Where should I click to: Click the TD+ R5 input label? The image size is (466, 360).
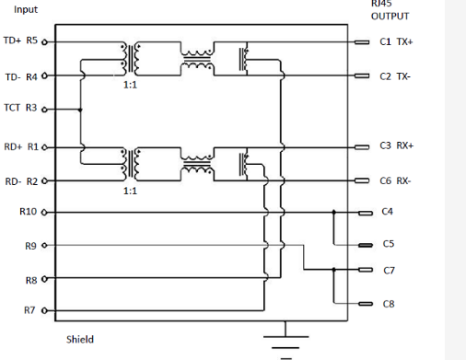point(20,41)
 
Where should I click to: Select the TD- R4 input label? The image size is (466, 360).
point(21,76)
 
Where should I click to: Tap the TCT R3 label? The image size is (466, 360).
point(20,108)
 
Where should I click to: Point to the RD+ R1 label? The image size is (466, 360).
point(20,146)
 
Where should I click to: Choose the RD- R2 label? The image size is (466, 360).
point(21,181)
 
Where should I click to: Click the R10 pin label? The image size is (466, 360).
point(28,212)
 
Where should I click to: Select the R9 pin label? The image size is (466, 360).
point(30,246)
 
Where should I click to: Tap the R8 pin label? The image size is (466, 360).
point(30,279)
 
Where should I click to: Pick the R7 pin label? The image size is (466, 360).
point(30,310)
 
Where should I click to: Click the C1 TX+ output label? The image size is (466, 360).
point(396,42)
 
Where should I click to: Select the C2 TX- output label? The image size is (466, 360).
point(395,76)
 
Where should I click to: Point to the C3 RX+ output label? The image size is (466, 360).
point(396,145)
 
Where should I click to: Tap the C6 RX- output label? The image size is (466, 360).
point(396,180)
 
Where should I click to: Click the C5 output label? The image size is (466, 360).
point(388,244)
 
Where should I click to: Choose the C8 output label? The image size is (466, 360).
point(388,303)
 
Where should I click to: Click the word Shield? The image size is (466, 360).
point(80,339)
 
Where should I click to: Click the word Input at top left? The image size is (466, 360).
point(26,9)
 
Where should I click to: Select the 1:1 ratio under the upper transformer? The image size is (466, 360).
point(130,84)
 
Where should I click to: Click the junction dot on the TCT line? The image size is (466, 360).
point(81,109)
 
